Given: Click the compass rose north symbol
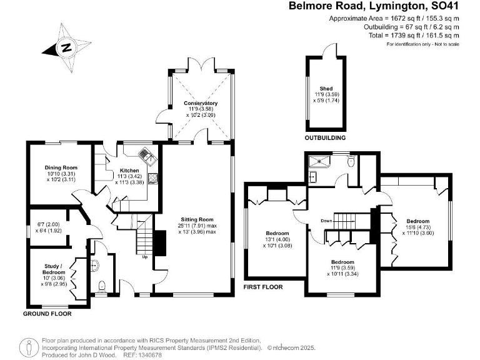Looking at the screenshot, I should [x=66, y=46].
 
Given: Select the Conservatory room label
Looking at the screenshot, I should [x=201, y=103].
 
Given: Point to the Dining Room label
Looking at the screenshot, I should [x=61, y=167].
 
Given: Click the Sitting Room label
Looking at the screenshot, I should [x=197, y=219].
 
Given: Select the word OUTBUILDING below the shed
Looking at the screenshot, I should [x=326, y=137].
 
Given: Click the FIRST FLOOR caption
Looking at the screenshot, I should [x=262, y=287].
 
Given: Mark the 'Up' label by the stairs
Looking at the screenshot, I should [x=145, y=257].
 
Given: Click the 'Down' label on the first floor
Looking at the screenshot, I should [x=326, y=221].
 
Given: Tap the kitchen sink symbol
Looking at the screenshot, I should [x=144, y=154].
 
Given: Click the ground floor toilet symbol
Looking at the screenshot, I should [x=101, y=286].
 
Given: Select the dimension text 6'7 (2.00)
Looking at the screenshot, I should [x=47, y=223].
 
